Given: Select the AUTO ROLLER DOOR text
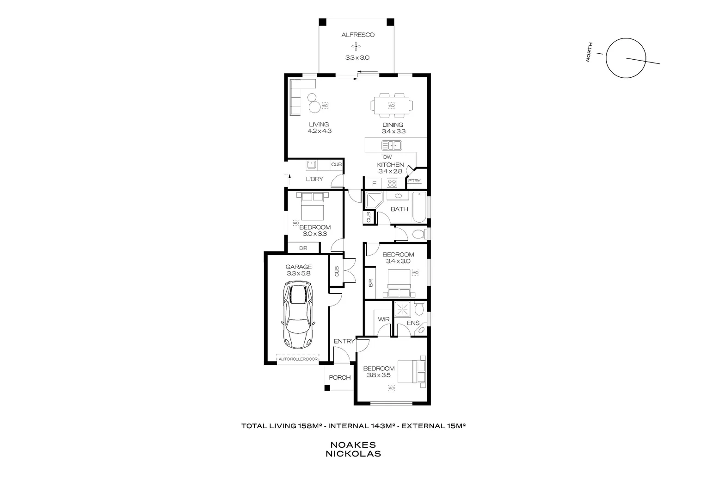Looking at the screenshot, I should (298, 359).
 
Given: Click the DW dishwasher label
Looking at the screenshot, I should (387, 157).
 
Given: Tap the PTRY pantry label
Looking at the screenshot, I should (414, 181).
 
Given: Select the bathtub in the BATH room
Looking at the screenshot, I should (419, 207).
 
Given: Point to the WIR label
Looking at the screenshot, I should (383, 319).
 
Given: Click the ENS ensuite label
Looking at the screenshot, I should (413, 323).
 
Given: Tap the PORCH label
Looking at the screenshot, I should (339, 377).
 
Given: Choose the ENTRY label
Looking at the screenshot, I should (344, 342).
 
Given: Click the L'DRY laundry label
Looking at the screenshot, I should (314, 179).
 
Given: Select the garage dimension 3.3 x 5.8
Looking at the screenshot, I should (298, 273).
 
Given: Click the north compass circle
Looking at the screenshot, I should (626, 58).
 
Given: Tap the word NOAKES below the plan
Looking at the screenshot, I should (353, 445).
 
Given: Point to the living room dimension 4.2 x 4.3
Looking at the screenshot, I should (319, 131).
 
